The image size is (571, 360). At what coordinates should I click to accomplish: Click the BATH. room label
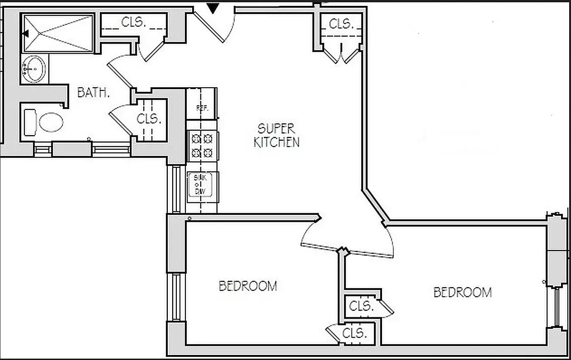click(94, 93)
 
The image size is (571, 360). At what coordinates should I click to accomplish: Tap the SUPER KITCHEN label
click(276, 135)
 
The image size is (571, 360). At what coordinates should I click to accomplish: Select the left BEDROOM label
click(247, 286)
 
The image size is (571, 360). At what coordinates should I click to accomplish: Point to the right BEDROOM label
click(462, 292)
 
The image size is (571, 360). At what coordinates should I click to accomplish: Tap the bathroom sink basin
click(34, 69)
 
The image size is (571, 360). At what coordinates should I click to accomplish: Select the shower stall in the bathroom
click(58, 33)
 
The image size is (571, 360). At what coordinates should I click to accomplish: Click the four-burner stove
click(202, 145)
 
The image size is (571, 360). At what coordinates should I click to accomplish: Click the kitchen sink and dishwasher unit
click(202, 184)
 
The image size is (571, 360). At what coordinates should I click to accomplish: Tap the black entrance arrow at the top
click(213, 8)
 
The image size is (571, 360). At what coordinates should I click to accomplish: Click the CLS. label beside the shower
click(134, 22)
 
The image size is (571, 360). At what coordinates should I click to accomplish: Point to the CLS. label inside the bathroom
click(149, 119)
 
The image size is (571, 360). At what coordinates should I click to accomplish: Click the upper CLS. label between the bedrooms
click(361, 306)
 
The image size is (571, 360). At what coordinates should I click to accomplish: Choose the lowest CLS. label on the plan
click(355, 334)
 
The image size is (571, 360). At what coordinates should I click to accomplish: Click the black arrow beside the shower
click(25, 33)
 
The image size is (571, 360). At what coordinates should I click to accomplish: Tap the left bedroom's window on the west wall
click(176, 297)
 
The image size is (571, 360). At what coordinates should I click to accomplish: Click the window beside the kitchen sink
click(176, 189)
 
